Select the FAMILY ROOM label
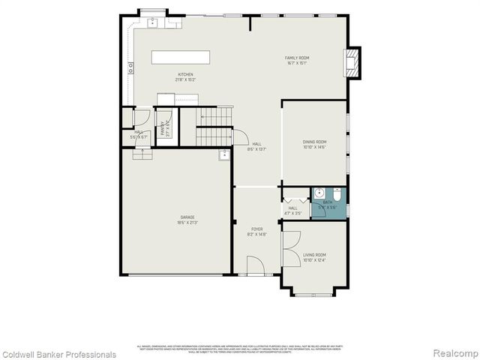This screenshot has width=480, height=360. (x=297, y=58)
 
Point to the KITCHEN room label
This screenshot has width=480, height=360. (x=185, y=74)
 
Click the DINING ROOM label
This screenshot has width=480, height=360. (x=314, y=142)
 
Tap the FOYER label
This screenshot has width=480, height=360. (x=256, y=229)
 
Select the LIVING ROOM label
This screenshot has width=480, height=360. (x=314, y=255)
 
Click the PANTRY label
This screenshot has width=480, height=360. (x=161, y=127)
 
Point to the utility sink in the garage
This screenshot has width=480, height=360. (x=223, y=155)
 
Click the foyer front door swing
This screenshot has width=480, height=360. (x=255, y=265)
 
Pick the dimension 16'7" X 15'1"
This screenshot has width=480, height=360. (x=297, y=63)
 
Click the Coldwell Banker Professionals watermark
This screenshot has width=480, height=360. (x=58, y=354)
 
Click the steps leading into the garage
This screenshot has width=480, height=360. (x=142, y=154)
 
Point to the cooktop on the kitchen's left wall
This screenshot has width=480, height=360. (x=131, y=67)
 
